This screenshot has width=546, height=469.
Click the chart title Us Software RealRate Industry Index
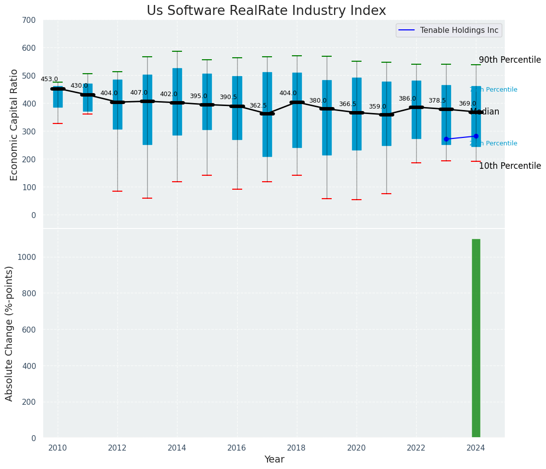click(266, 11)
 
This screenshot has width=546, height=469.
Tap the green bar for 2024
click(476, 338)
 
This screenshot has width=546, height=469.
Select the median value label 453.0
click(49, 79)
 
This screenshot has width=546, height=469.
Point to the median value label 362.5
click(258, 106)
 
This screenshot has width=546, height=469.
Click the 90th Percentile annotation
click(510, 60)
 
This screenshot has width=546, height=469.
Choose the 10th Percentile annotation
click(510, 166)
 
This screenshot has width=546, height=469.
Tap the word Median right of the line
click(485, 112)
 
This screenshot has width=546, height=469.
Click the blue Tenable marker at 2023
click(446, 139)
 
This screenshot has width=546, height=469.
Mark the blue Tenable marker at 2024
click(476, 136)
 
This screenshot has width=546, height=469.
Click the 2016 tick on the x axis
click(237, 448)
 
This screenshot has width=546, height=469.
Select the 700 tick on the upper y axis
click(29, 20)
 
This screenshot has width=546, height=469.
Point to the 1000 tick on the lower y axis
click(27, 257)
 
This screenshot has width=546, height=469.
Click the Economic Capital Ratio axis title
click(14, 124)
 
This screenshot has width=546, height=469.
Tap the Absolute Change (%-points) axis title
click(9, 333)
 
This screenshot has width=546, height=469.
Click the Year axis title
click(274, 460)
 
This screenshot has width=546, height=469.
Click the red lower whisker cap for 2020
click(357, 200)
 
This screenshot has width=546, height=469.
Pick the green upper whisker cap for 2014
click(177, 51)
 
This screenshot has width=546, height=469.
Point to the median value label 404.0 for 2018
click(288, 93)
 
